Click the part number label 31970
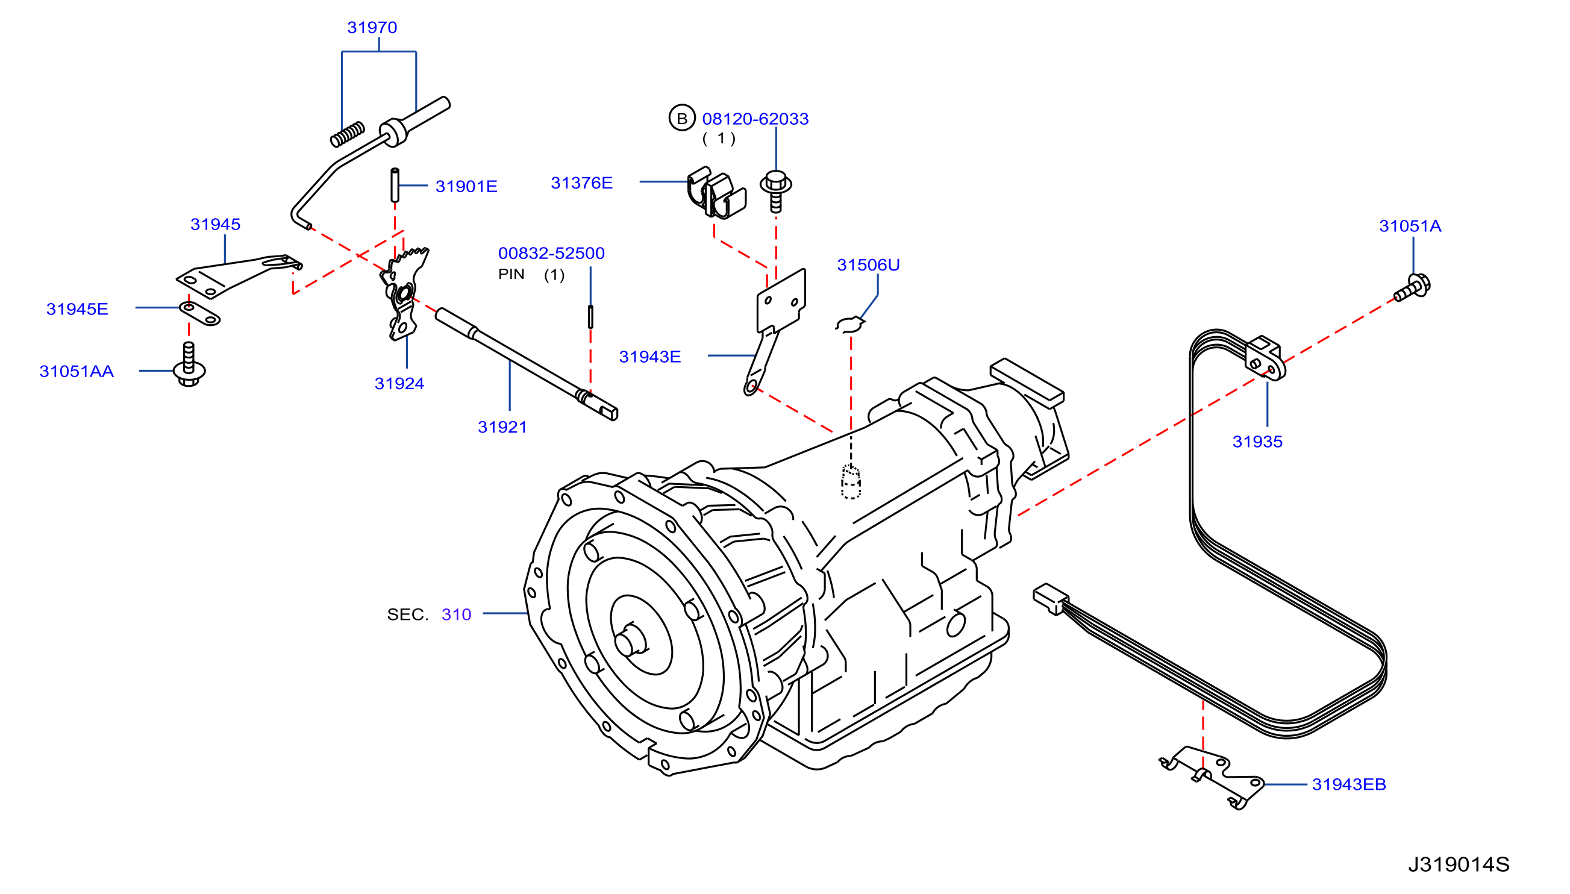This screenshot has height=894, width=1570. pyautogui.click(x=372, y=28)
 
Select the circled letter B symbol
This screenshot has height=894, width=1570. pyautogui.click(x=681, y=118)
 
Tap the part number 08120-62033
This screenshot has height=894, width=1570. pyautogui.click(x=755, y=119)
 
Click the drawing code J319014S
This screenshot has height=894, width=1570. pyautogui.click(x=1459, y=864)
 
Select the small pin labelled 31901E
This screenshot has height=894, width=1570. pyautogui.click(x=395, y=185)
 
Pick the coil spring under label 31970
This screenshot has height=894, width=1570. pyautogui.click(x=348, y=134)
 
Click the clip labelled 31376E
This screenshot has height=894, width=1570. pyautogui.click(x=716, y=192)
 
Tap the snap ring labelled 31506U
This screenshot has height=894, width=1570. pyautogui.click(x=850, y=324)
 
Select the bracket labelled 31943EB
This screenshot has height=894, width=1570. pyautogui.click(x=1212, y=777)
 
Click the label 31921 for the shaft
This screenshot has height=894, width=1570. pyautogui.click(x=502, y=427)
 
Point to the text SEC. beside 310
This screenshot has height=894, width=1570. pyautogui.click(x=407, y=614)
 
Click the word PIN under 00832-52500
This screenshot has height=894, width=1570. pyautogui.click(x=511, y=274)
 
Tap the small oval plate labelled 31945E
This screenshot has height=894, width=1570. pyautogui.click(x=199, y=313)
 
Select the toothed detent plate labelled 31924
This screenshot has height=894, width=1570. pyautogui.click(x=404, y=293)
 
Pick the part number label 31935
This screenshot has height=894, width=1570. pyautogui.click(x=1257, y=442)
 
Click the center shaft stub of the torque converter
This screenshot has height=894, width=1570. pyautogui.click(x=630, y=641)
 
